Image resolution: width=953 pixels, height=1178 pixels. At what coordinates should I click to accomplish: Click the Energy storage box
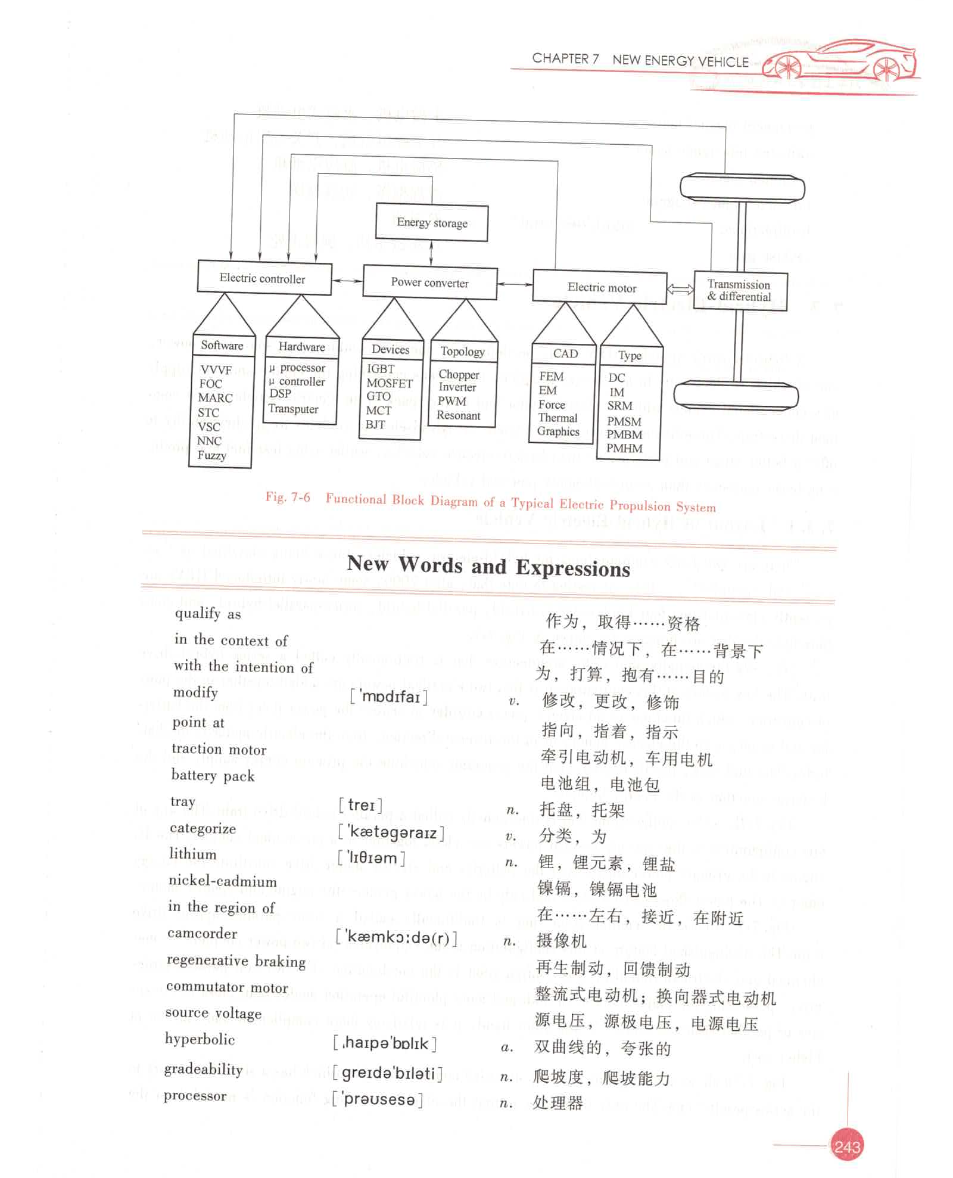[432, 223]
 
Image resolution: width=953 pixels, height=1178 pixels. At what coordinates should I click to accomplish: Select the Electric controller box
[263, 278]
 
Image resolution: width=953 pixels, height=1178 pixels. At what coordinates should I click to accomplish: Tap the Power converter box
[429, 282]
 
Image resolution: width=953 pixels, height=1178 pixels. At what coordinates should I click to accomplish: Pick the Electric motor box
[600, 287]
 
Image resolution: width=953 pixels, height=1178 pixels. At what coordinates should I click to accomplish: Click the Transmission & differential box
[740, 291]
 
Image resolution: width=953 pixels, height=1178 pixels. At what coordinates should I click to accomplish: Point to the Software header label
[222, 346]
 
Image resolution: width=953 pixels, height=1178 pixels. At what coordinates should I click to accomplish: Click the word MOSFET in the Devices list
[390, 383]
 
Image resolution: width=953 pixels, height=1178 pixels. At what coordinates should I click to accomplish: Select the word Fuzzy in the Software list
[211, 455]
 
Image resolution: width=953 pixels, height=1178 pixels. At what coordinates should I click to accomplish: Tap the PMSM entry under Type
[624, 421]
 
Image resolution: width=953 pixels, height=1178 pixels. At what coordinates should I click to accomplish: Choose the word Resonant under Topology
[458, 415]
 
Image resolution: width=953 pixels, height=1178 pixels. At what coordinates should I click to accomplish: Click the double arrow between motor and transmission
[680, 290]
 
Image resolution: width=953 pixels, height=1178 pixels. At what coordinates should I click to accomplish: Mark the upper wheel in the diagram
[742, 188]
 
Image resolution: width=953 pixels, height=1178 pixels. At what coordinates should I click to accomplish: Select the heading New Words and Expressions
[488, 566]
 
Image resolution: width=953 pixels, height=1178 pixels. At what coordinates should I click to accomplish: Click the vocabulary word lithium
[192, 854]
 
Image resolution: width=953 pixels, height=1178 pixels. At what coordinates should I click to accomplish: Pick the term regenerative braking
[236, 961]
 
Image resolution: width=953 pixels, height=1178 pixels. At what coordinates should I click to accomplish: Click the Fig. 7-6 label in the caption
[288, 498]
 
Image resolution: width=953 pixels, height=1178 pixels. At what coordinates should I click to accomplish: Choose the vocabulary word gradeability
[203, 1070]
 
